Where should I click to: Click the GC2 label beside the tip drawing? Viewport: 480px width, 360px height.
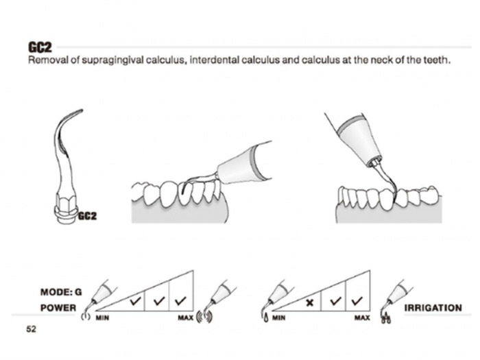click(86, 217)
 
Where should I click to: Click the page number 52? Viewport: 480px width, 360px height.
click(32, 330)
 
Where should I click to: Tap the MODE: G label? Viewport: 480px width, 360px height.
click(61, 292)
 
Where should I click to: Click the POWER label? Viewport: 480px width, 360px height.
click(58, 308)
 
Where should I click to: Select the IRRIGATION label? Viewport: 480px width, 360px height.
click(433, 308)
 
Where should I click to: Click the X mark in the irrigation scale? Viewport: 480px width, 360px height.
click(309, 301)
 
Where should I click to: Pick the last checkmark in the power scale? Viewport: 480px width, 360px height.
click(181, 301)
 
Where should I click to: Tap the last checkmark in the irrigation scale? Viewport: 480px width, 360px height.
click(357, 301)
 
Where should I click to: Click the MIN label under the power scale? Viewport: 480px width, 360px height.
click(103, 319)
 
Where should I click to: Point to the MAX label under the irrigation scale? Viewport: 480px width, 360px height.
click(362, 319)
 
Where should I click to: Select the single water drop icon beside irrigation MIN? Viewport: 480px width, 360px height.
click(265, 317)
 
